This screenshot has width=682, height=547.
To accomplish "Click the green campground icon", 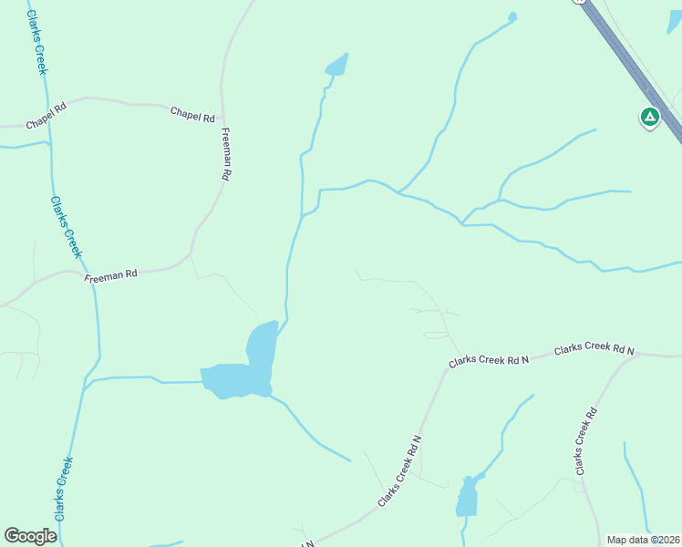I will (x=649, y=117).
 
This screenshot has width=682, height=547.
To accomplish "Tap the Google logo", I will (x=30, y=536).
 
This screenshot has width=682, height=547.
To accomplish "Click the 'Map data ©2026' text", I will (x=643, y=540).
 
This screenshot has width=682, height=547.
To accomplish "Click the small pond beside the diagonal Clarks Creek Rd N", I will (x=468, y=497).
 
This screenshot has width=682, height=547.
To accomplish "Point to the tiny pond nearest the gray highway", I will (x=512, y=16).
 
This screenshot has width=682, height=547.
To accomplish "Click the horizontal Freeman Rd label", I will (x=110, y=274).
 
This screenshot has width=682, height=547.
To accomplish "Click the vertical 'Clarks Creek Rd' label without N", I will (x=584, y=440).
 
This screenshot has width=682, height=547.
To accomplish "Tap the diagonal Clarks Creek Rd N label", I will (x=399, y=472).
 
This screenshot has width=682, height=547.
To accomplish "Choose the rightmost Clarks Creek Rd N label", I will (x=594, y=348).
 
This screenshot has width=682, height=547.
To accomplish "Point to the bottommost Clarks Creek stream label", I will (x=62, y=489).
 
